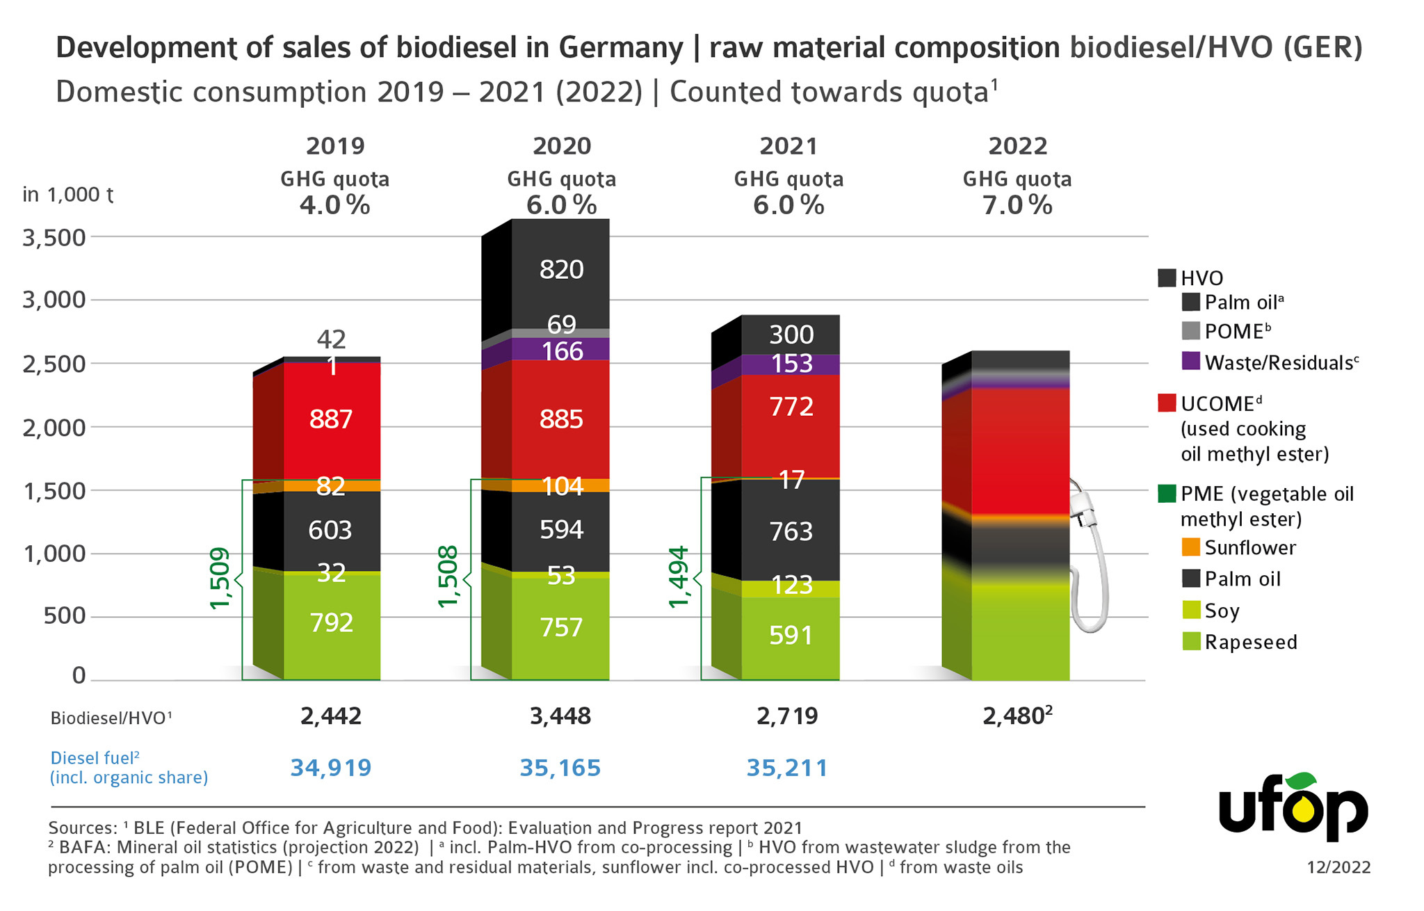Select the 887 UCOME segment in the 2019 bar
click(331, 420)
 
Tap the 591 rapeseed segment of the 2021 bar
click(791, 636)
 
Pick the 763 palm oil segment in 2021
click(791, 532)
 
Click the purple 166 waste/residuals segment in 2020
click(561, 351)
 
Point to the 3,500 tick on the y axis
click(54, 238)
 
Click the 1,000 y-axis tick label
click(54, 554)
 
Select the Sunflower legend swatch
click(1191, 547)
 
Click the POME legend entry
click(1237, 331)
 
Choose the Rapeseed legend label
click(1251, 642)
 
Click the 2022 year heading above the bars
click(1017, 146)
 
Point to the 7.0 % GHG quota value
click(1017, 205)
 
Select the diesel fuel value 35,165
click(560, 768)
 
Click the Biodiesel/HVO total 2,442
click(331, 716)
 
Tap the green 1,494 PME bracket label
click(679, 577)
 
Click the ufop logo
click(1293, 809)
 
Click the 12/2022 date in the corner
click(1338, 867)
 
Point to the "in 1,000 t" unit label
click(67, 195)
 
